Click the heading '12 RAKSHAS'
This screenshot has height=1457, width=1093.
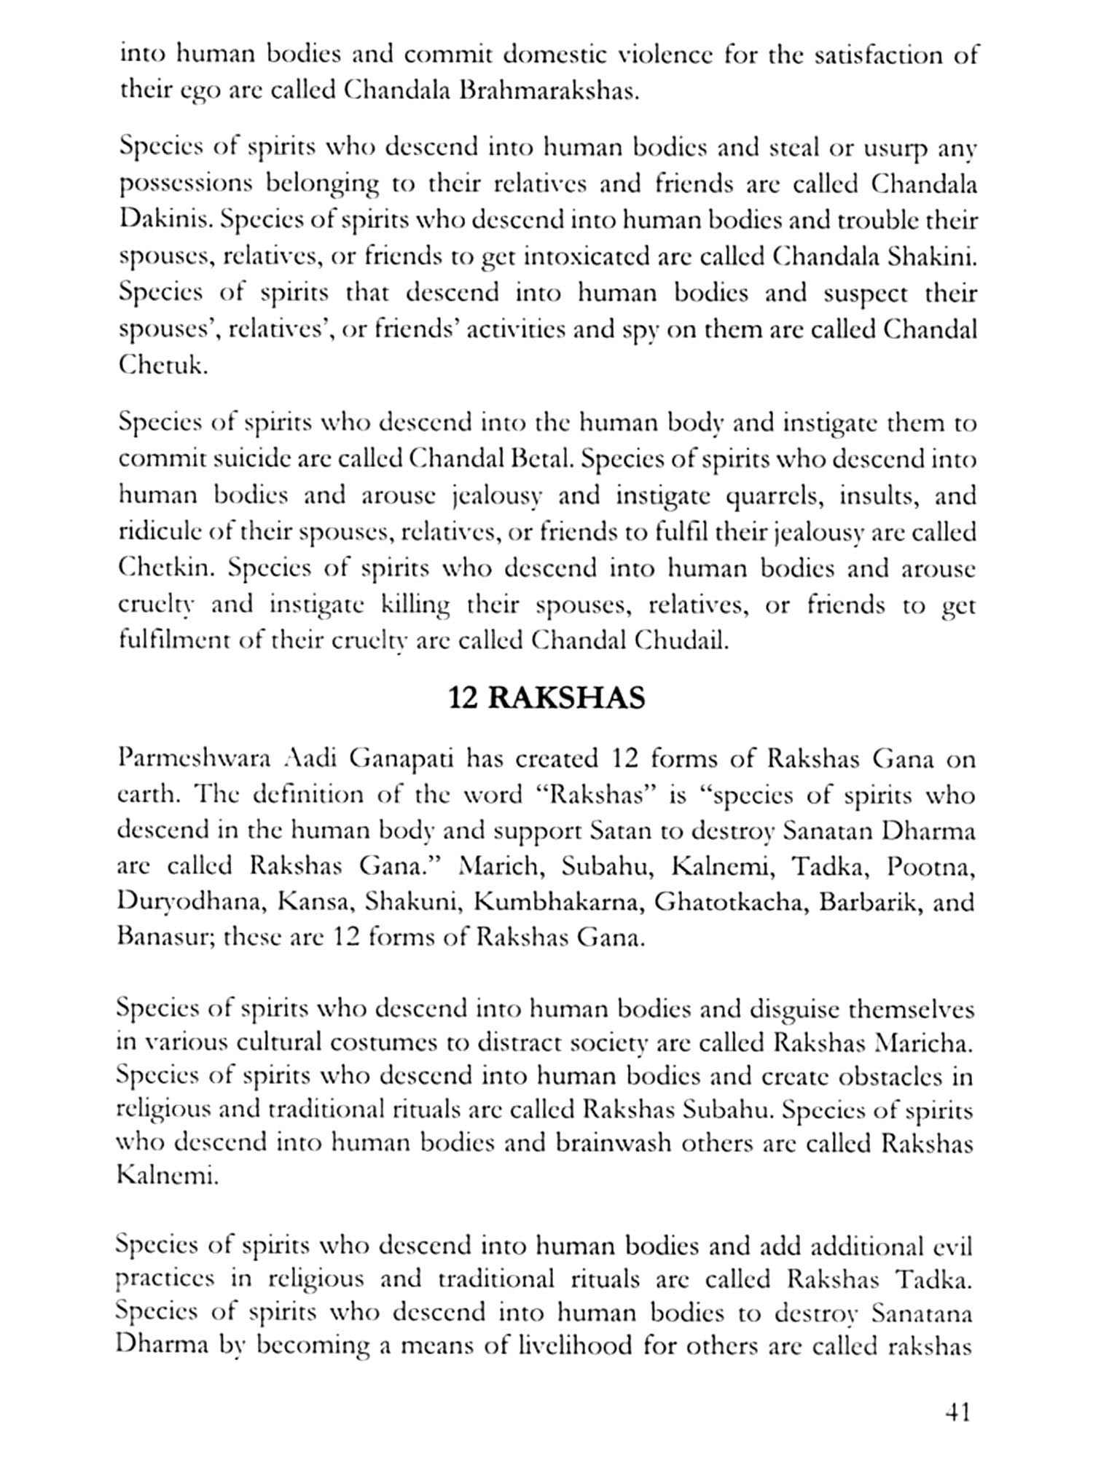546,698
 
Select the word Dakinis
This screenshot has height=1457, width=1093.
163,221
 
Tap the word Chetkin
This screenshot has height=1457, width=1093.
163,568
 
